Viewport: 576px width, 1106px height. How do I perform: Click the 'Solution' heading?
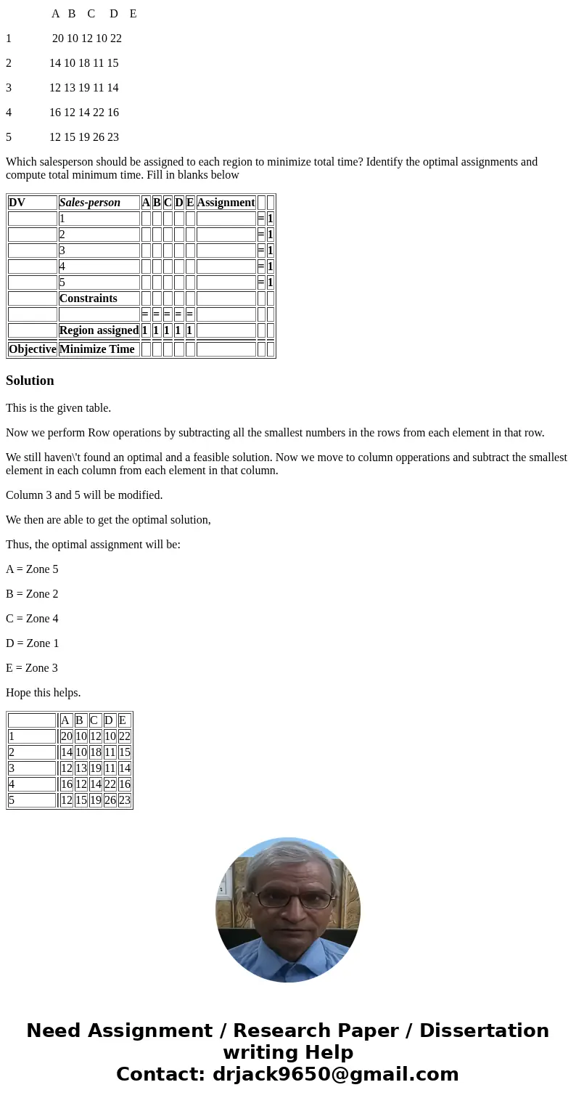click(30, 381)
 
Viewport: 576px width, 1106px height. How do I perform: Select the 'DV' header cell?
click(17, 203)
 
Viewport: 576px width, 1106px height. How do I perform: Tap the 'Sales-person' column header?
click(90, 203)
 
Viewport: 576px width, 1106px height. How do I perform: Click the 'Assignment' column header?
click(226, 203)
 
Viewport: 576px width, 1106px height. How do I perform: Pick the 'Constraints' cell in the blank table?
click(88, 298)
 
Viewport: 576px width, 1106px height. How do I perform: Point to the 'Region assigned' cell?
click(99, 330)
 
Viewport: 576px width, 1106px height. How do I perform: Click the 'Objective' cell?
click(33, 349)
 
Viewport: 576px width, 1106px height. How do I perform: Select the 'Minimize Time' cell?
click(96, 349)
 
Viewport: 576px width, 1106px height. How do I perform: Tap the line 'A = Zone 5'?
click(32, 569)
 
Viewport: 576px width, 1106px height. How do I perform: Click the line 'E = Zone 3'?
click(32, 668)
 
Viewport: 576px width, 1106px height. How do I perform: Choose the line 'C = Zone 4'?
click(32, 619)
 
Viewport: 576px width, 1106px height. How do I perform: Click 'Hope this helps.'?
click(43, 693)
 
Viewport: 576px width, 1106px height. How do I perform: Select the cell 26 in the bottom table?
click(110, 800)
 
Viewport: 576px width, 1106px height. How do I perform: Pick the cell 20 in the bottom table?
click(66, 736)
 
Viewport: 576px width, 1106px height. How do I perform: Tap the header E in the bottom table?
click(123, 720)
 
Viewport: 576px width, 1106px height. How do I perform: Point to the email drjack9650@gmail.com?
click(335, 1074)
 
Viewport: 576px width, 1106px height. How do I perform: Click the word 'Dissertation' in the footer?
click(484, 1030)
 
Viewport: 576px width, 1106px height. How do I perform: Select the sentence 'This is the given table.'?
click(58, 408)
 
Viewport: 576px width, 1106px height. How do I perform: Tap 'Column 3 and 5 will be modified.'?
click(84, 495)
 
